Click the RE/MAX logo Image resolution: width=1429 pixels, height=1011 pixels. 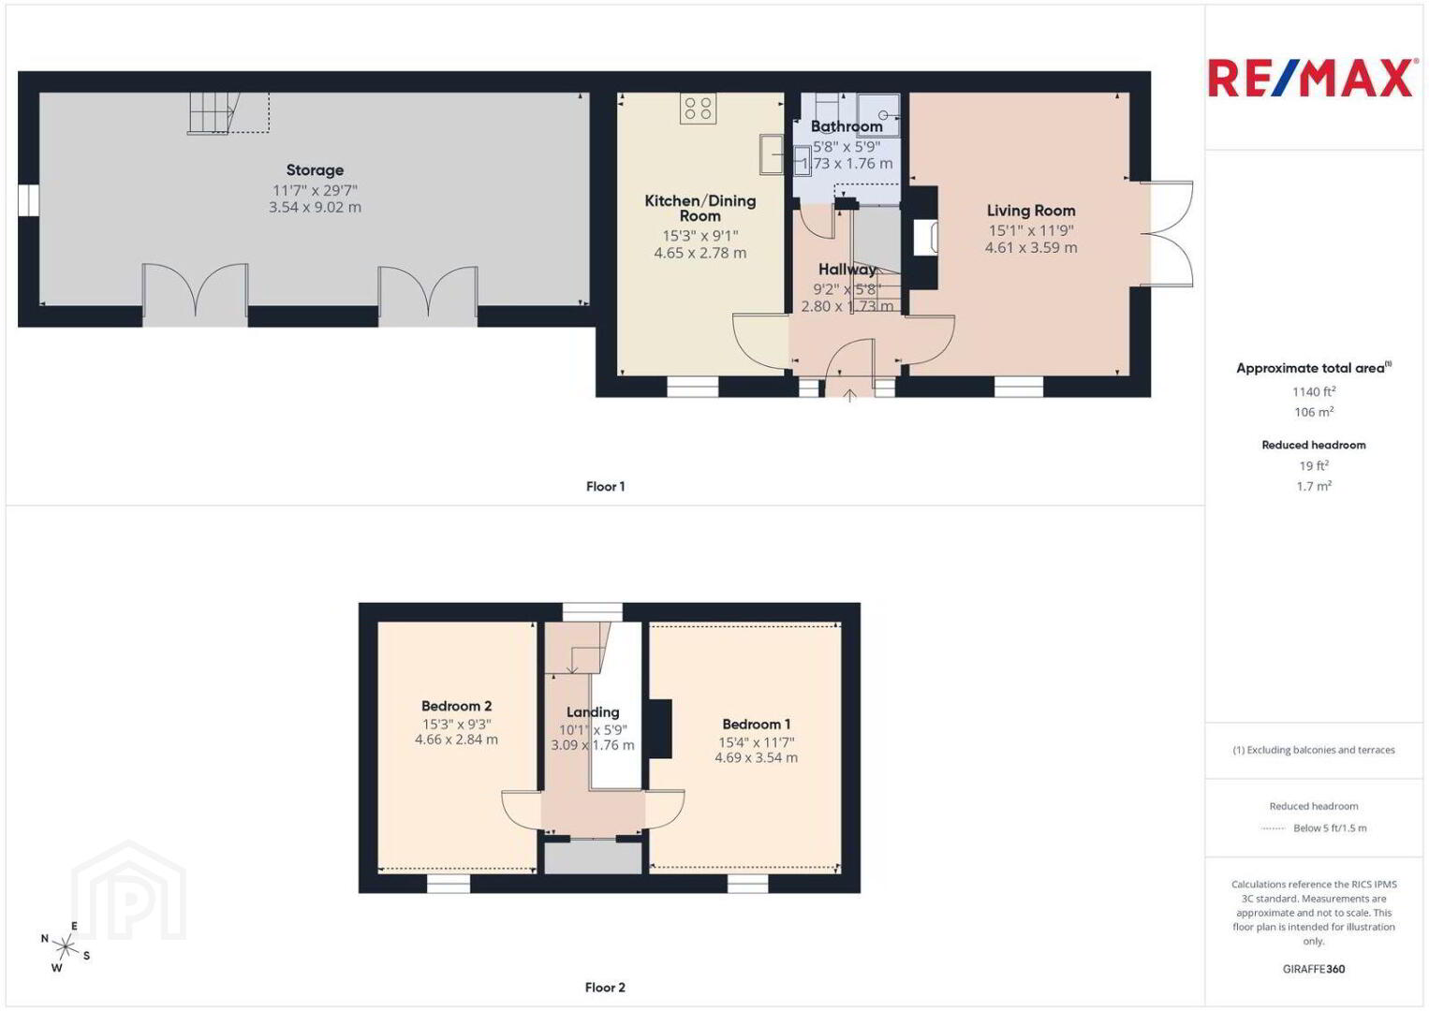coord(1310,78)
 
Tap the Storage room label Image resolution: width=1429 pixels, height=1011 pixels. coord(315,170)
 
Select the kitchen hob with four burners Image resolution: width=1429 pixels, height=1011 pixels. coord(698,109)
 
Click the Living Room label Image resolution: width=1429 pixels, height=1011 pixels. coord(1031,211)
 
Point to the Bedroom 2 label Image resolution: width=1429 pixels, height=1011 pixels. coord(456,706)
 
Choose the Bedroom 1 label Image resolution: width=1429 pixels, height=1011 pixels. coord(756,724)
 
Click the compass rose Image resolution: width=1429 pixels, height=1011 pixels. coord(65,947)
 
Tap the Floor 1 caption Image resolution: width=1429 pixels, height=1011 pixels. coord(606,487)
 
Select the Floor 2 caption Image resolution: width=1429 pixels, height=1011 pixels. coord(605,988)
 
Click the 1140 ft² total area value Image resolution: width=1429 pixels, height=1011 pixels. coord(1314,391)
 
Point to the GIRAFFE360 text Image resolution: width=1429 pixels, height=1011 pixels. coord(1314,969)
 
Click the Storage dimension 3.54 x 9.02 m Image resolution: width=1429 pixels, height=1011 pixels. coord(315,207)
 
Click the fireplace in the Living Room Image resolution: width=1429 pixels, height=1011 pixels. coord(925,238)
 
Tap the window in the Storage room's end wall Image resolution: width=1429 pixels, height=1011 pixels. coord(29,200)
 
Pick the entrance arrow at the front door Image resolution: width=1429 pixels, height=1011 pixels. coord(849,395)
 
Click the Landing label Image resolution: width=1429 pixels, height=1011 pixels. coord(593,711)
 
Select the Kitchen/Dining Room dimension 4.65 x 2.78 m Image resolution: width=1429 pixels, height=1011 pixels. coord(700,253)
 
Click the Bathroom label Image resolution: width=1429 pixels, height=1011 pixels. coord(847,126)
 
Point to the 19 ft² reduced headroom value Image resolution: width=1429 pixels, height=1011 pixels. coord(1314,465)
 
